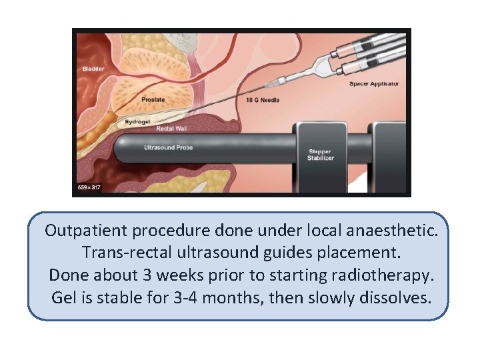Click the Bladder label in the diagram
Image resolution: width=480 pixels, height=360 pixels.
pyautogui.click(x=93, y=69)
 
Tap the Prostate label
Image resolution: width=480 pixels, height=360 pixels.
pyautogui.click(x=153, y=100)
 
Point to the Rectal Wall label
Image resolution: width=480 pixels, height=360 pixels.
pyautogui.click(x=172, y=128)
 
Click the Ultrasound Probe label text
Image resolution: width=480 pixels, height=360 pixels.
pyautogui.click(x=169, y=147)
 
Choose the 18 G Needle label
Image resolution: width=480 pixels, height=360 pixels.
pyautogui.click(x=264, y=100)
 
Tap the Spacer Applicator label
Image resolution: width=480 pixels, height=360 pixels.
pyautogui.click(x=374, y=84)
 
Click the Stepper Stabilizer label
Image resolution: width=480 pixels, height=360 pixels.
pyautogui.click(x=320, y=155)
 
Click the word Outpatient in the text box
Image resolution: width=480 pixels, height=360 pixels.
pyautogui.click(x=86, y=231)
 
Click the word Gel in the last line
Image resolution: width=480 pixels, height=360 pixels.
pyautogui.click(x=63, y=297)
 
